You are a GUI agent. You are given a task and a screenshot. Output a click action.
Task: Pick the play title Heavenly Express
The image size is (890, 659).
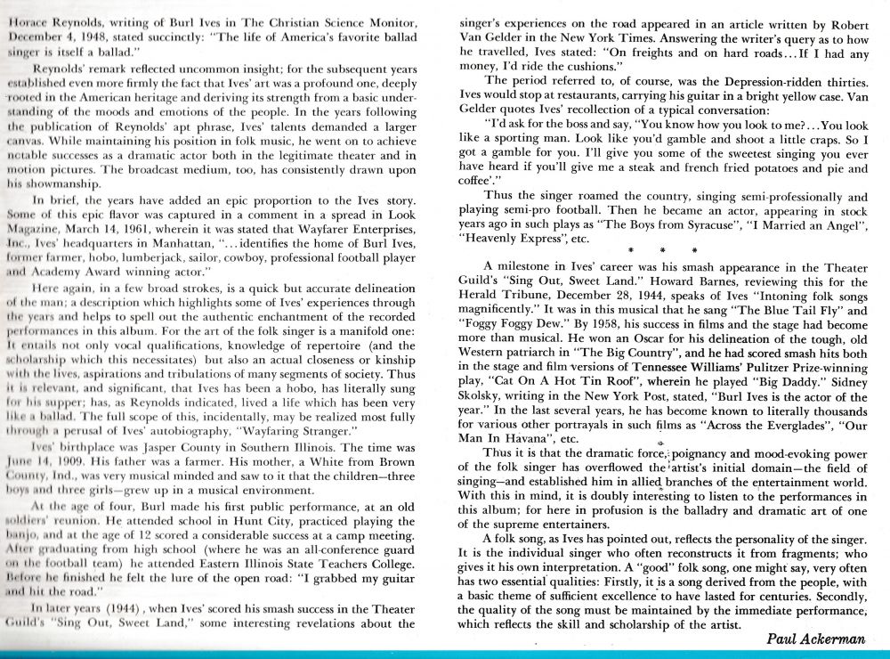click(518, 239)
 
